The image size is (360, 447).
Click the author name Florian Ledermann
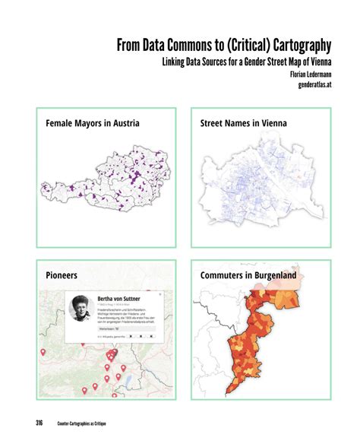307,74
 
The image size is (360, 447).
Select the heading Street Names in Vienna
248,122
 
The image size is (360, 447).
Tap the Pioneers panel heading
62,274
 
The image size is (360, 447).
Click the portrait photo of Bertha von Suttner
81,309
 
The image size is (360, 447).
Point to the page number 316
39,423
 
